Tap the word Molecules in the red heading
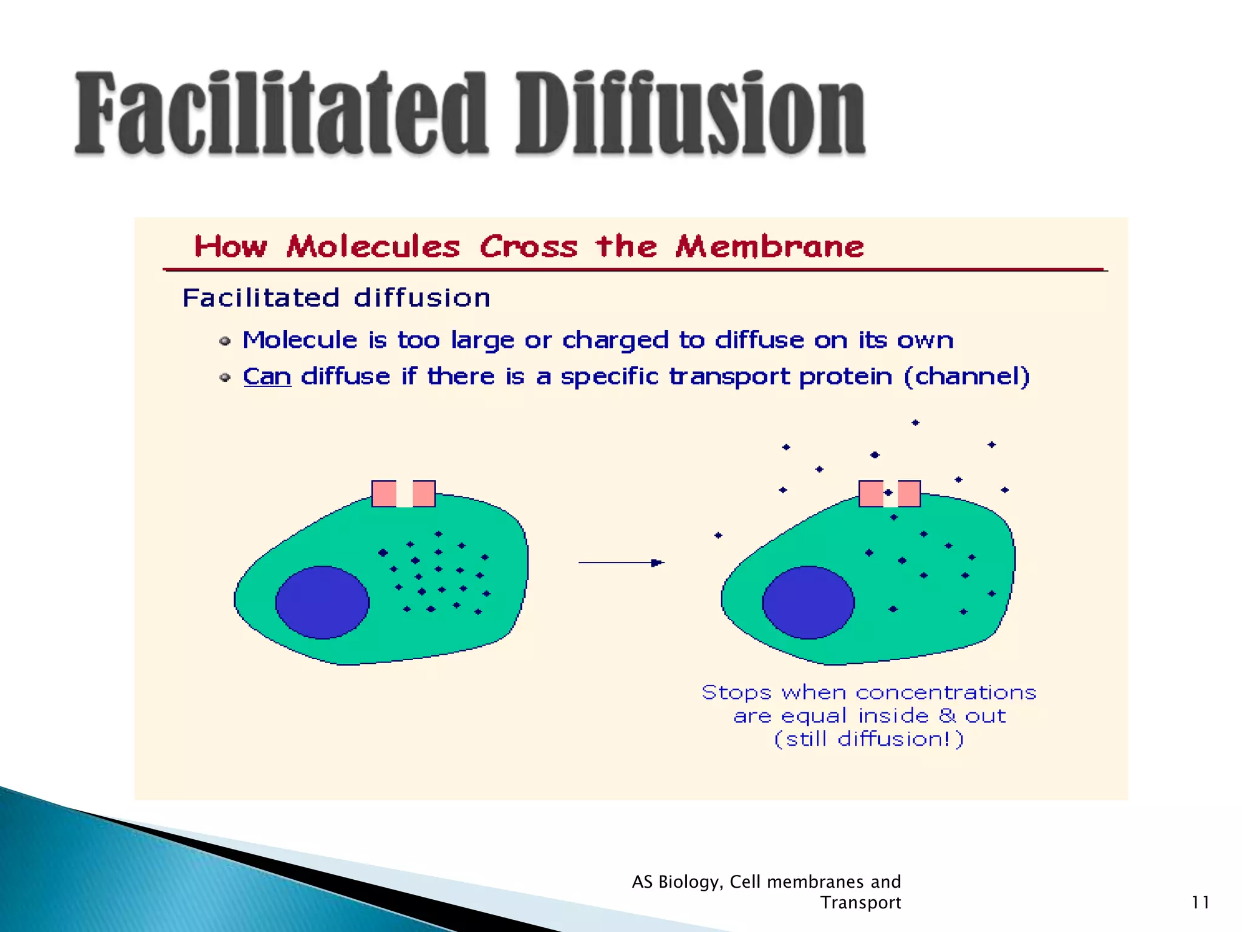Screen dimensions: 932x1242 373,247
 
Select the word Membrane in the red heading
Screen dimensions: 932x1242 770,247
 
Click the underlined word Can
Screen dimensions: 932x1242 267,377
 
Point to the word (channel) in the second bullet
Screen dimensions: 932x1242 967,377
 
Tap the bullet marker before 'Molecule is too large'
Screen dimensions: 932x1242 225,342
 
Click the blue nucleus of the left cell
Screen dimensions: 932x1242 322,602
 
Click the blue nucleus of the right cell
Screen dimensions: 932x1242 808,602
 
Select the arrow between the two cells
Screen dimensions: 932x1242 621,562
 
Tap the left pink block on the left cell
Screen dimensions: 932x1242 384,494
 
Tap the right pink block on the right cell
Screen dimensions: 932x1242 909,494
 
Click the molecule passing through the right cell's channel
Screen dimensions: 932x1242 888,493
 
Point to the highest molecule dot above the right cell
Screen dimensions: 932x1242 916,422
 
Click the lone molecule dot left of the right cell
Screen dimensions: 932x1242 718,535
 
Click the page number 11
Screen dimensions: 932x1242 1200,902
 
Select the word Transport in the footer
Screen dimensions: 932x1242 861,902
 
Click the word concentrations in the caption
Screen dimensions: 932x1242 945,692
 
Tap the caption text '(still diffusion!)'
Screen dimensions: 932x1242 868,739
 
